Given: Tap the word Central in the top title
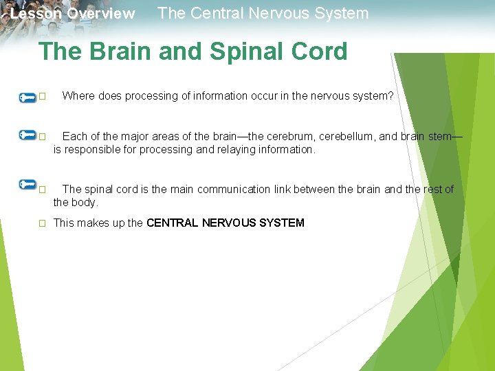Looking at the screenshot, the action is (x=212, y=13).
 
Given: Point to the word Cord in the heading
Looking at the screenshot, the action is (x=319, y=52).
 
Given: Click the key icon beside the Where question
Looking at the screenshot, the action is (x=27, y=97).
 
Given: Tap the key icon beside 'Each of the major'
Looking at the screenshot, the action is (x=27, y=135).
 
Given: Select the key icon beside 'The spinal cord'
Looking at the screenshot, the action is (x=27, y=184).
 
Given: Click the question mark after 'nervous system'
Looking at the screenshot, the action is (x=391, y=96).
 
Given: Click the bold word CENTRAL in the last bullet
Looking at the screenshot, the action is (x=173, y=223).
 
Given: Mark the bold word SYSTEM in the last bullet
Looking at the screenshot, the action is (x=282, y=223).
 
